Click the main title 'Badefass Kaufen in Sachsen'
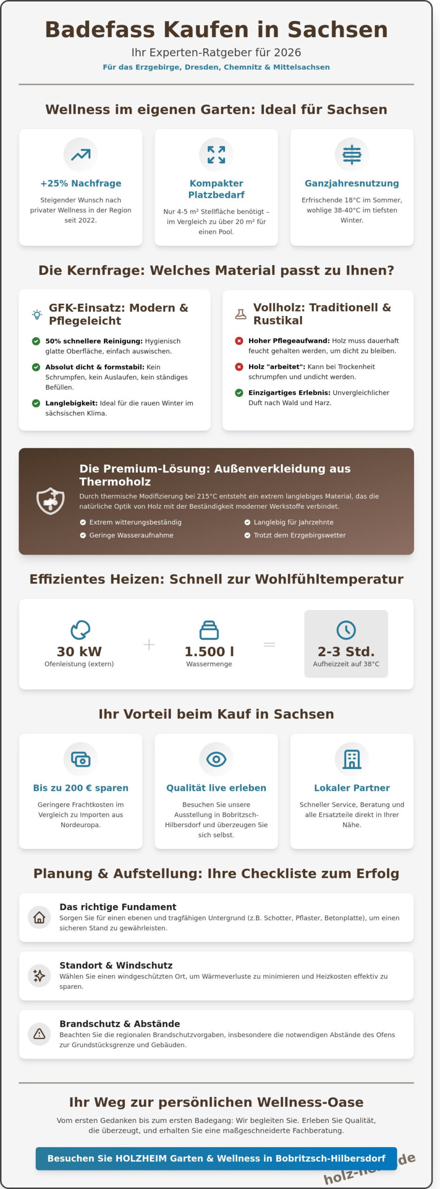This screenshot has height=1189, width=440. coord(216,30)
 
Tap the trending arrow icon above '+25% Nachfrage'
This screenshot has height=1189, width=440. coord(81,155)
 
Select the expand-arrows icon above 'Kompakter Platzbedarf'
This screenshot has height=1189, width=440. coord(216,155)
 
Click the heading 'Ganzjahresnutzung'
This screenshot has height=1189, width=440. coord(351,183)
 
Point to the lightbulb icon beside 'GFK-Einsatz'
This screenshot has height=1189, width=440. coord(37,314)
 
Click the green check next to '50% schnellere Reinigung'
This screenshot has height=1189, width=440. coord(36,341)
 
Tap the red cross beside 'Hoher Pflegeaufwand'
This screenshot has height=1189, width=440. coord(239,341)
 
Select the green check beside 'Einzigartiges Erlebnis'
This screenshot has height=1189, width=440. coord(239,393)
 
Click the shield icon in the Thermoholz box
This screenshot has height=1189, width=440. coord(51,501)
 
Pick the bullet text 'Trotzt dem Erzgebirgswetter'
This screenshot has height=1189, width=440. coord(299,535)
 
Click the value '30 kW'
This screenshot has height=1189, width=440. coord(79,652)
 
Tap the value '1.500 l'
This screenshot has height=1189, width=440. coord(209,652)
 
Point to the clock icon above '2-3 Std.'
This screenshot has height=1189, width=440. coord(346,630)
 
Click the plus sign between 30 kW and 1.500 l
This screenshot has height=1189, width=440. coord(149,645)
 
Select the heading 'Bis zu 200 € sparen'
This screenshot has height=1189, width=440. coord(81,788)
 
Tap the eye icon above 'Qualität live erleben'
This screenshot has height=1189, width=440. coord(216,759)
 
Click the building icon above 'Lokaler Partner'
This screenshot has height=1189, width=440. coord(351,759)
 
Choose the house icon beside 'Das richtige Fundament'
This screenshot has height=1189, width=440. coord(39,917)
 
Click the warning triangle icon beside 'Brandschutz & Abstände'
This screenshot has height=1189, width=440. coord(39,1034)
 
